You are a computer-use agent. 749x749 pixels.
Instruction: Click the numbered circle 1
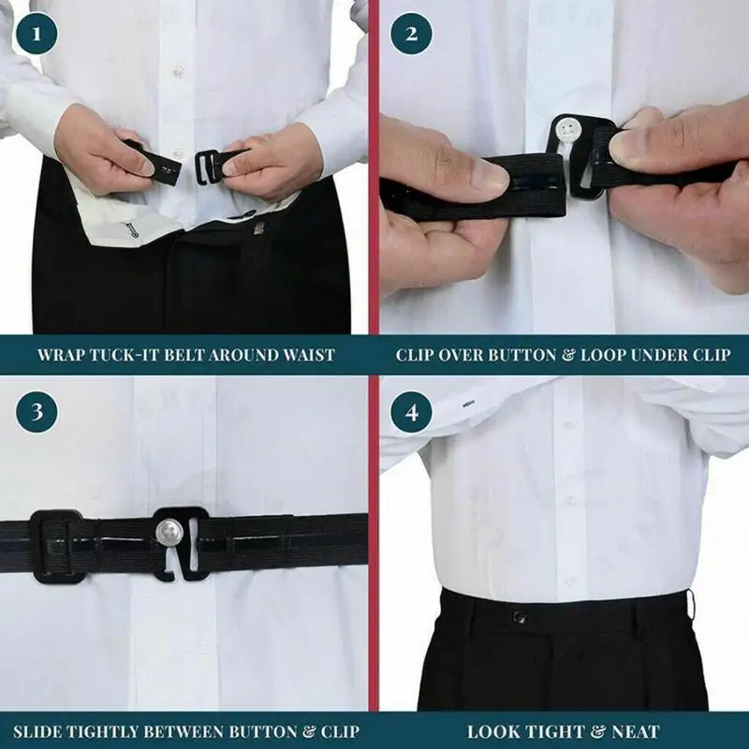click(x=37, y=34)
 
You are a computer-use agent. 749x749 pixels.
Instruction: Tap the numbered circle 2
click(x=411, y=34)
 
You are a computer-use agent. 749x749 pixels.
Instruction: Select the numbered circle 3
click(x=37, y=412)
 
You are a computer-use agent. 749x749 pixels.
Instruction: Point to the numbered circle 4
click(x=411, y=412)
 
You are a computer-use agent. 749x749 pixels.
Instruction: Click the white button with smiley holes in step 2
click(x=566, y=129)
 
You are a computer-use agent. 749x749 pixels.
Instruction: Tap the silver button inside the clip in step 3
click(x=168, y=531)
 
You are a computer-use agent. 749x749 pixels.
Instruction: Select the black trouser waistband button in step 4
click(x=520, y=617)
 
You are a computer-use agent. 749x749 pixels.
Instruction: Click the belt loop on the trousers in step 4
click(x=690, y=604)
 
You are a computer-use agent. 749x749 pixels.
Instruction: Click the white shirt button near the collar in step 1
click(x=178, y=72)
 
